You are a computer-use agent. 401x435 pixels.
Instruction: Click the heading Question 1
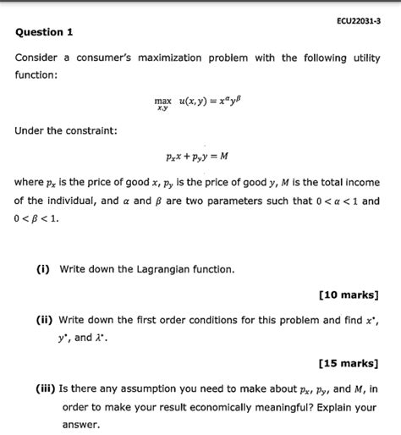45,32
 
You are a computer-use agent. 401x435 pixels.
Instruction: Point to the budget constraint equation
199,156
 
